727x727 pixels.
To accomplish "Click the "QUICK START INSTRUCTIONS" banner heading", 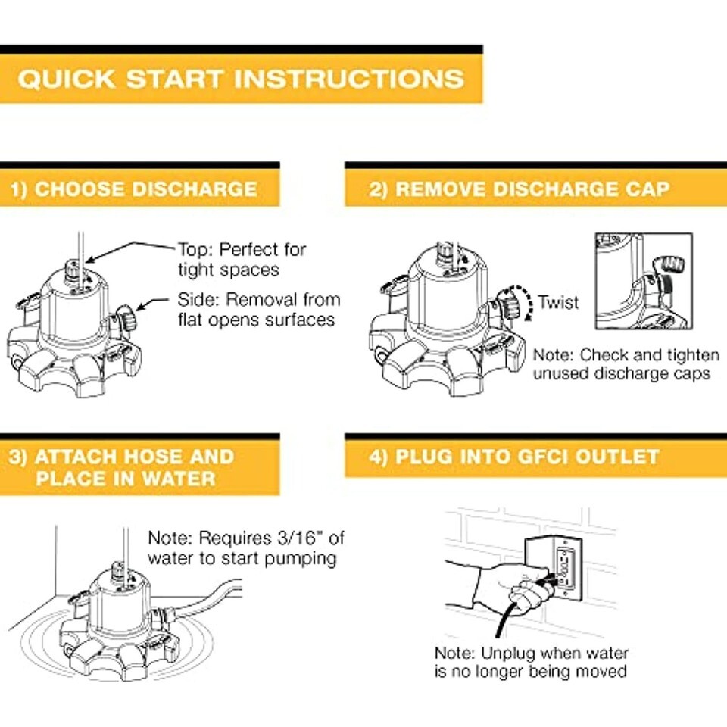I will point(241,79).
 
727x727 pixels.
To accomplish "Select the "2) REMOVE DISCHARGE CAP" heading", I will point(519,189).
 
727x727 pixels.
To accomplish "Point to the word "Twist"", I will point(558,302).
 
